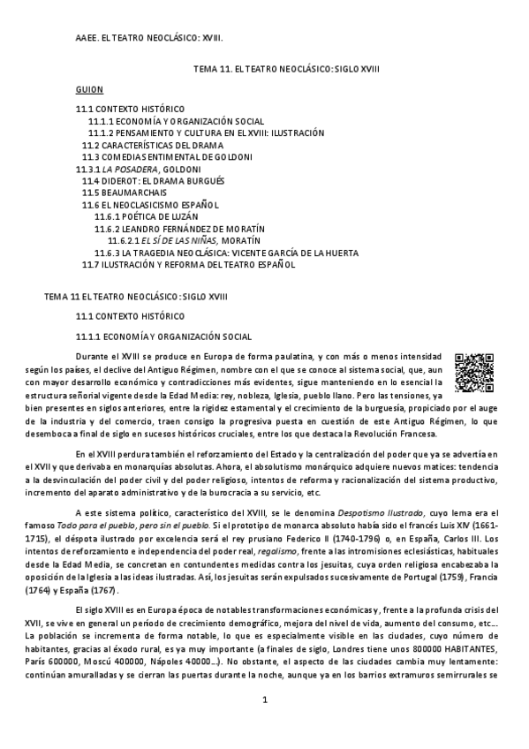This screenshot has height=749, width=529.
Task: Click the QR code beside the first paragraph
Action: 470,371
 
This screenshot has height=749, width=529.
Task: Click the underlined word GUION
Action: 89,90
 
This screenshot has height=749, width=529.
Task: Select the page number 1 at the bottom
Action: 264,725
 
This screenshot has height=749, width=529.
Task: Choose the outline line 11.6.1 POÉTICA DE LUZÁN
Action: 146,216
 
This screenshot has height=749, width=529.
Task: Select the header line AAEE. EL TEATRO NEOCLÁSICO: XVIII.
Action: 148,39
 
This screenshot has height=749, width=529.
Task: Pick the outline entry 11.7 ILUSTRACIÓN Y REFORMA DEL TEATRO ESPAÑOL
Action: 188,264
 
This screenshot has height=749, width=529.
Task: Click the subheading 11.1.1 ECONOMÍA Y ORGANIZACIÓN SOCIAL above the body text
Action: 163,337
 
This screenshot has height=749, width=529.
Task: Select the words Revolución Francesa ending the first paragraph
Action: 396,434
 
